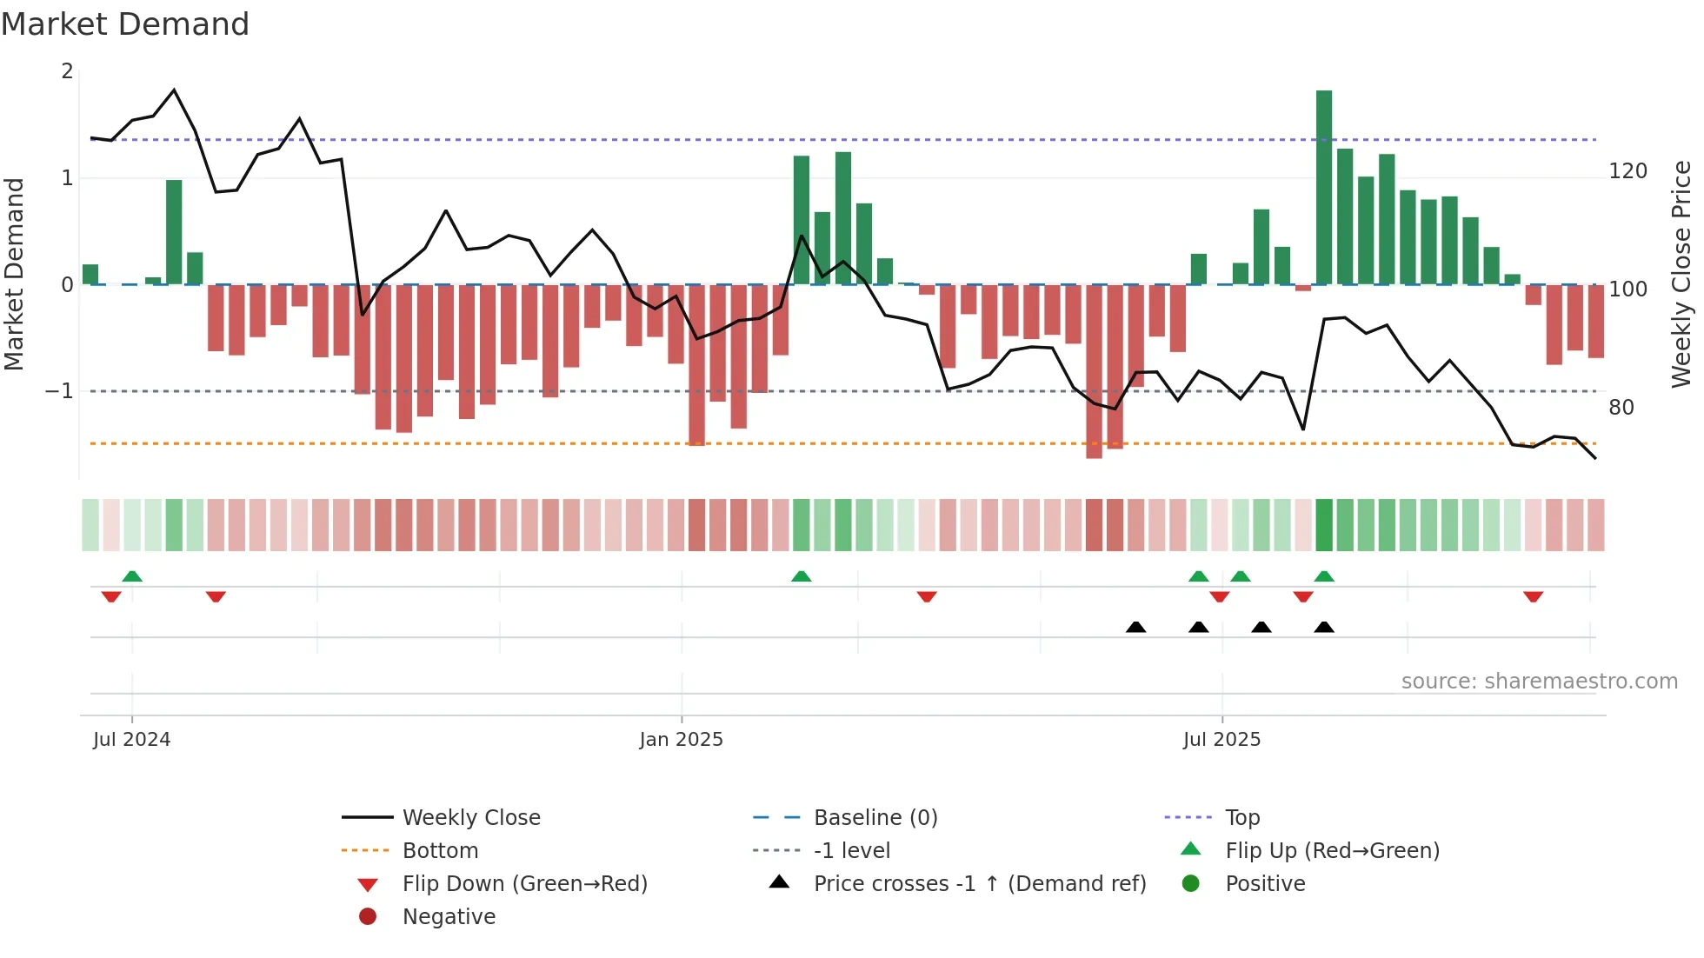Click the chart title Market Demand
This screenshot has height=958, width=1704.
click(125, 24)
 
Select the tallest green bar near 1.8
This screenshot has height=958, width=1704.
click(1323, 187)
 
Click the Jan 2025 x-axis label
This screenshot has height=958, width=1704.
click(681, 739)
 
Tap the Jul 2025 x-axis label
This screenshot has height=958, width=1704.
click(1221, 739)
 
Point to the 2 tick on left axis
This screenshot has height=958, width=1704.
click(67, 71)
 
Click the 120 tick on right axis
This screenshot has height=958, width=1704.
click(1627, 171)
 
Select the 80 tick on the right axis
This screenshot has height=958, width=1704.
click(1621, 407)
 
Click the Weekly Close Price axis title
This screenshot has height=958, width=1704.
click(1681, 274)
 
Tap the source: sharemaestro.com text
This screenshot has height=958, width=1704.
click(1539, 681)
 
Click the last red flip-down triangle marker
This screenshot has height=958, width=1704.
click(1533, 596)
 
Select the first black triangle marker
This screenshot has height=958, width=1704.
click(1135, 627)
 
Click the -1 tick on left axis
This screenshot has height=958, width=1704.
click(60, 391)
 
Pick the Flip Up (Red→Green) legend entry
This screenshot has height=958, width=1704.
click(1332, 850)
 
